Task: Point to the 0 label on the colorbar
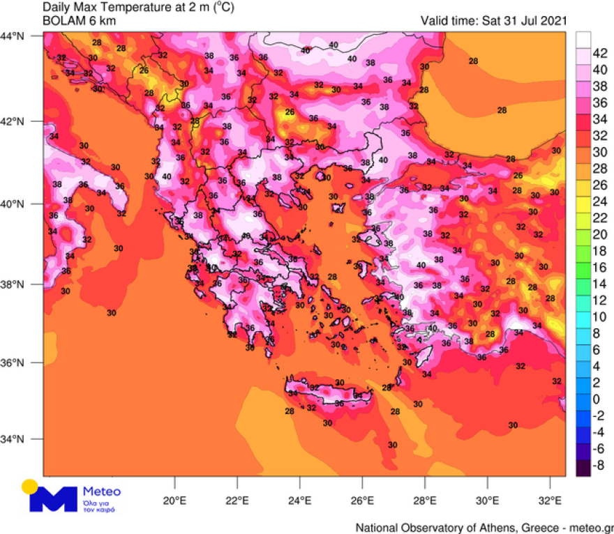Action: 597,399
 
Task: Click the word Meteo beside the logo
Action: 102,490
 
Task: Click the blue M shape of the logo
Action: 55,500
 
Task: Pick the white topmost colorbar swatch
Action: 583,38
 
